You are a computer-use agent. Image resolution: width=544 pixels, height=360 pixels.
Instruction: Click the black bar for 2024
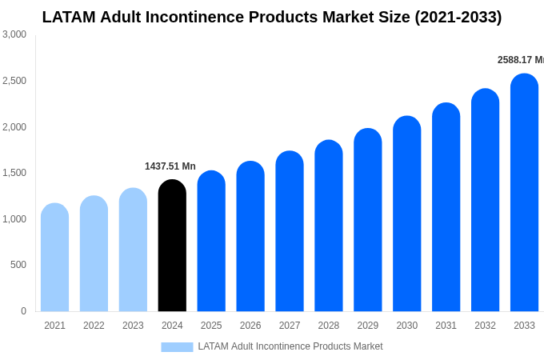[172, 246]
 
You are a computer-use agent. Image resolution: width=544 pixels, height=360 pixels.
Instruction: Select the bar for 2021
[54, 258]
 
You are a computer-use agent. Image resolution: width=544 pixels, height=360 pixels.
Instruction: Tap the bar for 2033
[524, 193]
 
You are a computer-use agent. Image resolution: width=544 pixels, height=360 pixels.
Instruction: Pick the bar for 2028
[329, 226]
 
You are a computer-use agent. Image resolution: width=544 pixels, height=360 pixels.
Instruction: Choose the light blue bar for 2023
[133, 250]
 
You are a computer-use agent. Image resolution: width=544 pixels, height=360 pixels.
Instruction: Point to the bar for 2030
[406, 214]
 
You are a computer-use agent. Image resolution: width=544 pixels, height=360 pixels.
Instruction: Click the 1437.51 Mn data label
[170, 166]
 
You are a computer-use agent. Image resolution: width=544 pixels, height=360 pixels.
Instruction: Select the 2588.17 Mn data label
[520, 60]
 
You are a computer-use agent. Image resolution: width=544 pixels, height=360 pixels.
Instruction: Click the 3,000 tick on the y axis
[14, 34]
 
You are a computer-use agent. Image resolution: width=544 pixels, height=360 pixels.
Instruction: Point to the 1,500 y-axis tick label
[14, 173]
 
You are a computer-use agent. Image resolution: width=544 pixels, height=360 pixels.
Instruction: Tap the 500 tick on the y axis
[18, 265]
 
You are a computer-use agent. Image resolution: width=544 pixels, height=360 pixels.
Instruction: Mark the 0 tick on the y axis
[23, 311]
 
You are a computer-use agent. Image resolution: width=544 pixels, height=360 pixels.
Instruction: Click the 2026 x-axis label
[250, 326]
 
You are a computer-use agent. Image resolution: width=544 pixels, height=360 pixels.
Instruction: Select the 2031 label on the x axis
[446, 326]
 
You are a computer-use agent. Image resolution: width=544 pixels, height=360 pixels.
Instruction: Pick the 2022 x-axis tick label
[94, 326]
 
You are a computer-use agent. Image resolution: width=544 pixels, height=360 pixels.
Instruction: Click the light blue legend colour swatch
[177, 347]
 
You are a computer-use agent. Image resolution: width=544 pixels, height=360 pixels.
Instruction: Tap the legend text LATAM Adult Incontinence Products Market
[290, 346]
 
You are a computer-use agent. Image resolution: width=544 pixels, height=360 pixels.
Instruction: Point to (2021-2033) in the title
[458, 17]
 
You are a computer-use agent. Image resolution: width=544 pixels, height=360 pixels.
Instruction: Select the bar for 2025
[211, 241]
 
